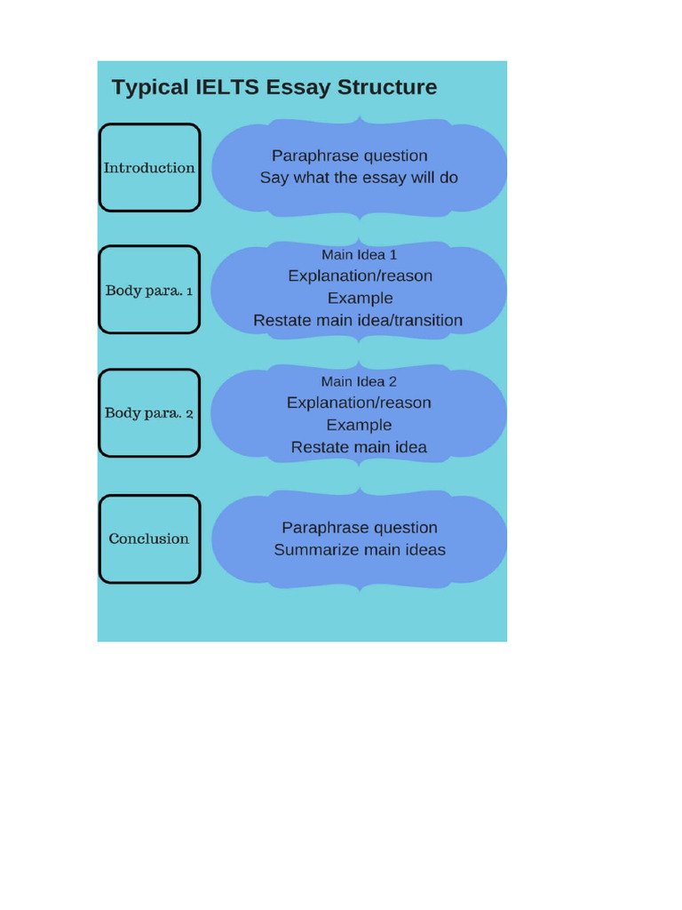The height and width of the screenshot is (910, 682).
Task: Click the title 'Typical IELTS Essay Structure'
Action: click(x=274, y=87)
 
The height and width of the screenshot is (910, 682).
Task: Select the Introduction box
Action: click(x=149, y=168)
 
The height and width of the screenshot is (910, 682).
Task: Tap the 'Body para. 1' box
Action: click(x=149, y=290)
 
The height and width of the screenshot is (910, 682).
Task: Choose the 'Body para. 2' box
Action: click(x=149, y=413)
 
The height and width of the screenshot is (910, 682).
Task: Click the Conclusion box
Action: click(x=149, y=539)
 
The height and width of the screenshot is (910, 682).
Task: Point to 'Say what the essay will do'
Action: click(x=359, y=178)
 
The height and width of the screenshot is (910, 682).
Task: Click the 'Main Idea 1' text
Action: click(x=359, y=255)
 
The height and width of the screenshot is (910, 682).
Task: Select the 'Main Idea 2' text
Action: click(x=359, y=381)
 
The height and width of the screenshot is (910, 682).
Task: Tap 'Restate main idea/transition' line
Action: click(x=358, y=320)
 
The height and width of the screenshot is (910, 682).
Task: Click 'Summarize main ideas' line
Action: click(x=360, y=550)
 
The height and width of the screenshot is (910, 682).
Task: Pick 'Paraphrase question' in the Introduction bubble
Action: click(x=350, y=156)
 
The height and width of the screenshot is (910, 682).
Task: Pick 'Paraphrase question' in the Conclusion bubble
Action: click(x=360, y=528)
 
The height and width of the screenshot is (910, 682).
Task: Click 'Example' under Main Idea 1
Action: click(x=360, y=298)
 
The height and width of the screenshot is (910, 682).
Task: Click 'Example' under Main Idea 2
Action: click(x=359, y=425)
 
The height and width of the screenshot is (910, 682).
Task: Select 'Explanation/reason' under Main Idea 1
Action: click(x=360, y=276)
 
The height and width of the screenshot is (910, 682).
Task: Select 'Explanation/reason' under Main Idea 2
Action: click(x=359, y=403)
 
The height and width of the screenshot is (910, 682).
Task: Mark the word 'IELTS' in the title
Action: click(x=226, y=87)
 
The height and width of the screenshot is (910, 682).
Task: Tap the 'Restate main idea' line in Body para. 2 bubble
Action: click(x=359, y=447)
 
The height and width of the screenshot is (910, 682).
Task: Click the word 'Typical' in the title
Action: click(x=150, y=87)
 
